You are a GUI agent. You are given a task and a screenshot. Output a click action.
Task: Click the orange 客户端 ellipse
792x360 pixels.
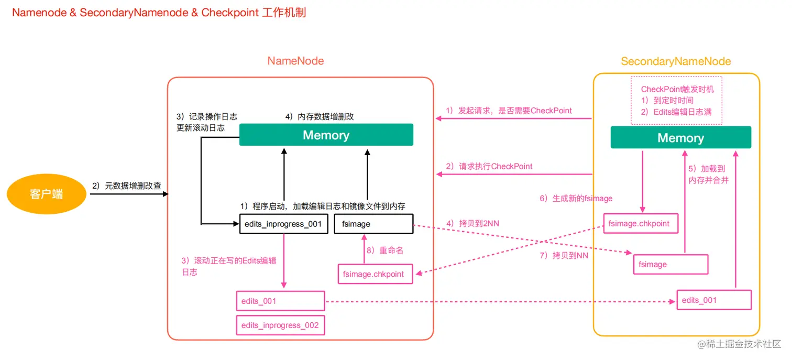(46, 194)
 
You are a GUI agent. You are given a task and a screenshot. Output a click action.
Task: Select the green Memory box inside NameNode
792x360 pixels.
(326, 135)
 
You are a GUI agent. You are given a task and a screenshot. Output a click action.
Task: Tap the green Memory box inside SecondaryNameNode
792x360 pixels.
(680, 138)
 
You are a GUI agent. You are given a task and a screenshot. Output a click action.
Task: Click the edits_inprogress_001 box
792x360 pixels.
(283, 224)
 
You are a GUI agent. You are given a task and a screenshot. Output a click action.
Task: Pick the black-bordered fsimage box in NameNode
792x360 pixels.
(373, 224)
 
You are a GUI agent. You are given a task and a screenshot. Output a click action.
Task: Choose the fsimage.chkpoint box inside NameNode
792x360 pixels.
(375, 274)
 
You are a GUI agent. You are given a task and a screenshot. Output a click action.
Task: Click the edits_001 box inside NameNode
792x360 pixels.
(280, 301)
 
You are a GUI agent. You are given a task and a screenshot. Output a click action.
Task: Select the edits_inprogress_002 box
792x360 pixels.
(280, 325)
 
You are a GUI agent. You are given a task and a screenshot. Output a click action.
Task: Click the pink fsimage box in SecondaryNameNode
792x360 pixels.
(670, 265)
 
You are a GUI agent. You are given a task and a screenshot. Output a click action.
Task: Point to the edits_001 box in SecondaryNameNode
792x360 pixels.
(714, 300)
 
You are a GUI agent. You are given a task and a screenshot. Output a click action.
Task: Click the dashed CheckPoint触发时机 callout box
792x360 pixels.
(677, 101)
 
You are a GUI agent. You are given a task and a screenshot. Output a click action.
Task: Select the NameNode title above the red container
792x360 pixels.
(295, 61)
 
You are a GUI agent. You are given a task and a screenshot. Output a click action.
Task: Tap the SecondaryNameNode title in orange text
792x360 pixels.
(676, 62)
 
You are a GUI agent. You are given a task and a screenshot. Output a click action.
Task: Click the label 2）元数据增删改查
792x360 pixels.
(126, 186)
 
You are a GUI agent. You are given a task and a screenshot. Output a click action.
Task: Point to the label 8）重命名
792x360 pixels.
(385, 250)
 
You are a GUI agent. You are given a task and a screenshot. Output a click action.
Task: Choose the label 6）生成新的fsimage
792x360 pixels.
(576, 199)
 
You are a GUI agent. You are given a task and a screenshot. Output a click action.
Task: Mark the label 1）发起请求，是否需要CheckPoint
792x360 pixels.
(509, 111)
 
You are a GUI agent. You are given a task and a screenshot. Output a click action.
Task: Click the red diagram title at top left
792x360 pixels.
(159, 13)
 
